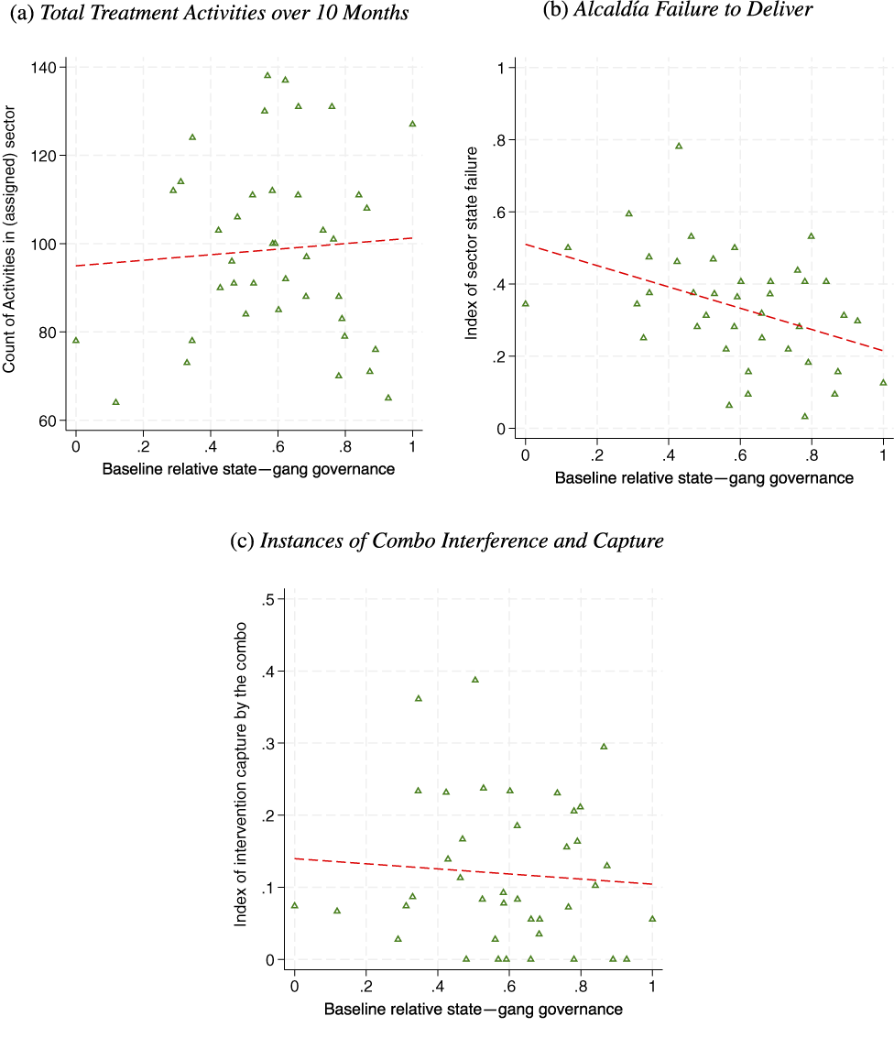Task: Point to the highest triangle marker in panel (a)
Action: pos(267,75)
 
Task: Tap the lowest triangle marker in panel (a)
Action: pos(116,401)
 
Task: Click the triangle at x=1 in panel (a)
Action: pos(412,124)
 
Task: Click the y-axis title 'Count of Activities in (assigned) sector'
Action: pos(10,244)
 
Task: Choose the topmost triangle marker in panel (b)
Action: pos(679,146)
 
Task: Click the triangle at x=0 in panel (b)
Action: pos(525,303)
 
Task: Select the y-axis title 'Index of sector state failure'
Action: pos(473,243)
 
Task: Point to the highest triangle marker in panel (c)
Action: pos(475,680)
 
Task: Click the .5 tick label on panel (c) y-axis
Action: pos(271,599)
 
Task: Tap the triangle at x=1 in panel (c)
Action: pos(652,919)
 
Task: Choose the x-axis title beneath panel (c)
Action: pos(473,1010)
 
